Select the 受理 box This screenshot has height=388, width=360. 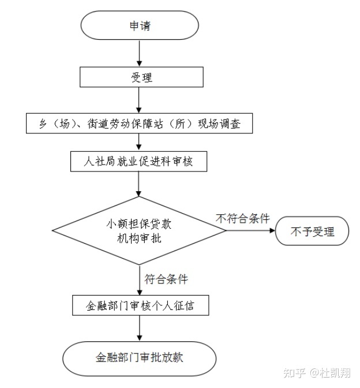[x=141, y=77]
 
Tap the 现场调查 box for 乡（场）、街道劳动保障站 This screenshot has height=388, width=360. [x=140, y=123]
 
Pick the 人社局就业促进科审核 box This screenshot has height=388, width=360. [x=139, y=161]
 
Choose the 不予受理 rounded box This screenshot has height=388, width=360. [x=312, y=232]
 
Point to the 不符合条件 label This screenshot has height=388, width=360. [x=243, y=219]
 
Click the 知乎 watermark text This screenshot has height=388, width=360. [x=295, y=374]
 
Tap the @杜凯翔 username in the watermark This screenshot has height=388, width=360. [x=331, y=374]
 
